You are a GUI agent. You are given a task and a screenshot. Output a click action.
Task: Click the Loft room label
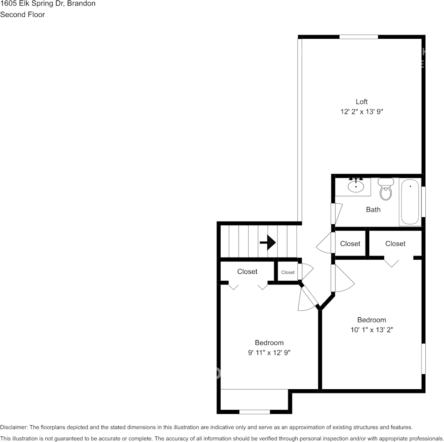(361, 101)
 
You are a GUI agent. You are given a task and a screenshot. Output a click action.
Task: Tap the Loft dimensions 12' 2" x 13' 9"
(362, 112)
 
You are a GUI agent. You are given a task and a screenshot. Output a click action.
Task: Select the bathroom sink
(356, 186)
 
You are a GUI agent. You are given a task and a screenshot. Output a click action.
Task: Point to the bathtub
(410, 202)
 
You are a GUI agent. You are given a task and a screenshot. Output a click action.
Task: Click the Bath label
(373, 210)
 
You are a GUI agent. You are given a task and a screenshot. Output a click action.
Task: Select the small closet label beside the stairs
(288, 272)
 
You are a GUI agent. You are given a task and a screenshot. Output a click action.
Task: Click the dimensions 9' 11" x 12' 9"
(269, 353)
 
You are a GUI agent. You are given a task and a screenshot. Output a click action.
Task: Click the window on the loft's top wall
(358, 36)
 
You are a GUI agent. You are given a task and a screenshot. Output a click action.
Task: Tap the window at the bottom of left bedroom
(254, 412)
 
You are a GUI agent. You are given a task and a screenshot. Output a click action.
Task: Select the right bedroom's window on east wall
(423, 358)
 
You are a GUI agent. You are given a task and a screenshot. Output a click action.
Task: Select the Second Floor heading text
(22, 14)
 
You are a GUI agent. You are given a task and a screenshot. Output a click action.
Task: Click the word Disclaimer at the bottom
(14, 427)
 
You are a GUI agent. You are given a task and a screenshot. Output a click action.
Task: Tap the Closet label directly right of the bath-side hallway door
(350, 243)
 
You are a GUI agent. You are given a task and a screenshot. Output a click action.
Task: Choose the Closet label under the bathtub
(395, 243)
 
